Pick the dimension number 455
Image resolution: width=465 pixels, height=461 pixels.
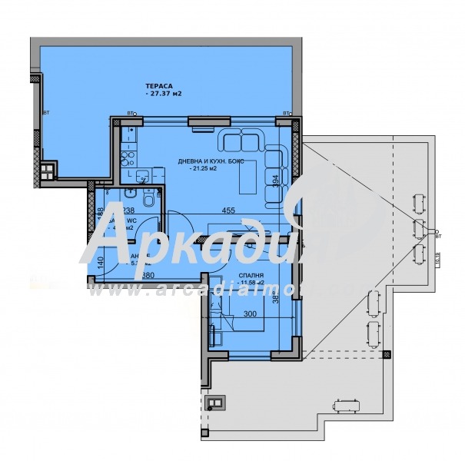click(x=228, y=210)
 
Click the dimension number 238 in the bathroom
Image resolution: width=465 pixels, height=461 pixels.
click(x=128, y=210)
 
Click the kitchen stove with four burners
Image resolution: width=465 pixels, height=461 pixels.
click(x=126, y=160)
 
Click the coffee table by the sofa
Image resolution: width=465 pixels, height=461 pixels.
click(x=247, y=179)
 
